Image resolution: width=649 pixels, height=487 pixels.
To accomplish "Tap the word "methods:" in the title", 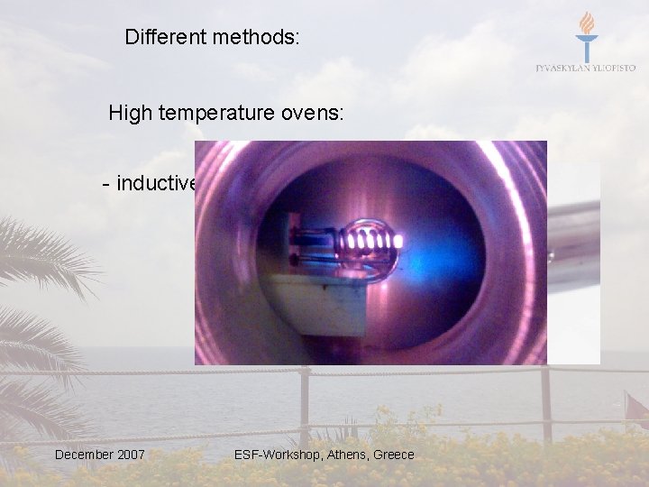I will click(x=252, y=37).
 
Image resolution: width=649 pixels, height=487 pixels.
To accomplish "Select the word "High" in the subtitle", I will click(x=130, y=113).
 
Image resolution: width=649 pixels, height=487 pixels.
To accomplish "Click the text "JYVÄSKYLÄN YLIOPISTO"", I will click(x=586, y=68).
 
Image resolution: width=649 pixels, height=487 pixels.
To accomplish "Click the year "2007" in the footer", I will click(x=132, y=455).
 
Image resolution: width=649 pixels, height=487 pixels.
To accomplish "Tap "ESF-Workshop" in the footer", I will click(x=273, y=455).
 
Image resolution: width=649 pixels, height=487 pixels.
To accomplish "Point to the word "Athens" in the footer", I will click(x=345, y=455).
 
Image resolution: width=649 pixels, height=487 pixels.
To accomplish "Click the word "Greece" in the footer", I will click(x=393, y=455).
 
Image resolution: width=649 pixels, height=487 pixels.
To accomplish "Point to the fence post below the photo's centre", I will click(x=305, y=406).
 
